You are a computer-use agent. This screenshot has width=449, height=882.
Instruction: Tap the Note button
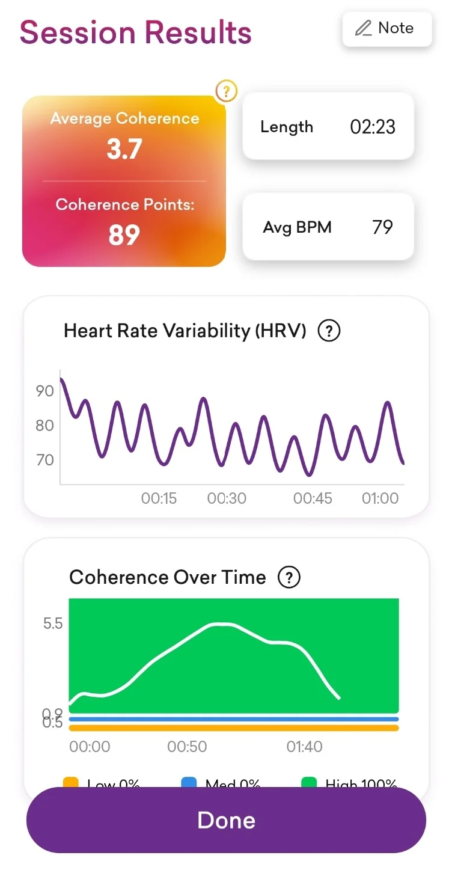pos(387,28)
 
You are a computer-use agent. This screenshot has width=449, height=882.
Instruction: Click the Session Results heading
pos(135,32)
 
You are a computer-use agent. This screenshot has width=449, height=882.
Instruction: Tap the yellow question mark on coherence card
pos(226,91)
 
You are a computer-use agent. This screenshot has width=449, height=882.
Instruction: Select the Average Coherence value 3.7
pos(124,149)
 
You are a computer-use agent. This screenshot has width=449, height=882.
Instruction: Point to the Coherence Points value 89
pos(124,235)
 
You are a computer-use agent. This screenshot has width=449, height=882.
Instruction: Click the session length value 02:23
pos(373,127)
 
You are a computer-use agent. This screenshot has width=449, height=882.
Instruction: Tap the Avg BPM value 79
pos(382,227)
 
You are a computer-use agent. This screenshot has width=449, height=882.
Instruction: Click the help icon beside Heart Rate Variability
pos(329,331)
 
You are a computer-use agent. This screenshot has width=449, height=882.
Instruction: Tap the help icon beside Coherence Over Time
pos(289,577)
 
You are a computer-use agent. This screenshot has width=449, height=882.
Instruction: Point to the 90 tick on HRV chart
pos(45,391)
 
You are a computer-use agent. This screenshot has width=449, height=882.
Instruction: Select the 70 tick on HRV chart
pos(45,460)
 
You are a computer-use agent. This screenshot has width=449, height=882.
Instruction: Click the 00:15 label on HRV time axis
pos(159,498)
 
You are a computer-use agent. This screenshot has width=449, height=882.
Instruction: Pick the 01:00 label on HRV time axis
pos(380,498)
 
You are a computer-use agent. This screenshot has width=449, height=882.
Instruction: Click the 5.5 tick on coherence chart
pos(53,623)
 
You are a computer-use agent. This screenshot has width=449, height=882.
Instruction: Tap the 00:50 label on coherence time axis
pos(187,747)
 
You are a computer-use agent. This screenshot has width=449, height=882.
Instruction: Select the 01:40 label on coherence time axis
pos(304,747)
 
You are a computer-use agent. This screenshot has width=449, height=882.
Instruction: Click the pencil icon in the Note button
pos(363,28)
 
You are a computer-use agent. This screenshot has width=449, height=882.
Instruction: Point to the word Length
pos(287,127)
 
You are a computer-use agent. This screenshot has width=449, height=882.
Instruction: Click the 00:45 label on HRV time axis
pos(313,498)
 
